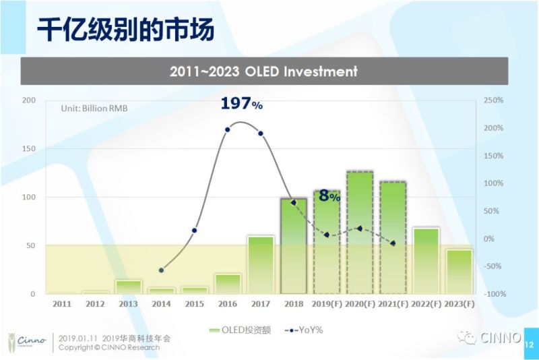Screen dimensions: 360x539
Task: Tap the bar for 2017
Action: point(261,265)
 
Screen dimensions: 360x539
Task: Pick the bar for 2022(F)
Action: point(426,261)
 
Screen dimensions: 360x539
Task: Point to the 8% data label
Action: point(329,196)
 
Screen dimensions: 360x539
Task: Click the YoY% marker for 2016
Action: point(227,129)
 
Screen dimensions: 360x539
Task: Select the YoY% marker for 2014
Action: point(161,270)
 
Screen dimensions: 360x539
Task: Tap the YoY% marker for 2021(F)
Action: point(393,243)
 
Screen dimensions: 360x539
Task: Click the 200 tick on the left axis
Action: point(29,100)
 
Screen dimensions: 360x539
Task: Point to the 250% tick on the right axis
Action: point(494,100)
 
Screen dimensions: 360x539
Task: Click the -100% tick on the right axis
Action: point(495,294)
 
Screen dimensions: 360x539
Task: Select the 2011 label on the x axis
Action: point(62,304)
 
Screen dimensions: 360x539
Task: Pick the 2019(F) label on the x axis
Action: point(327,304)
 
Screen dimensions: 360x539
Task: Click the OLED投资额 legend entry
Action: point(239,330)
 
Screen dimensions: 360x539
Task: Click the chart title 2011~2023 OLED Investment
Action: point(263,71)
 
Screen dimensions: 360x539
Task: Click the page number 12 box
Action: point(528,344)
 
